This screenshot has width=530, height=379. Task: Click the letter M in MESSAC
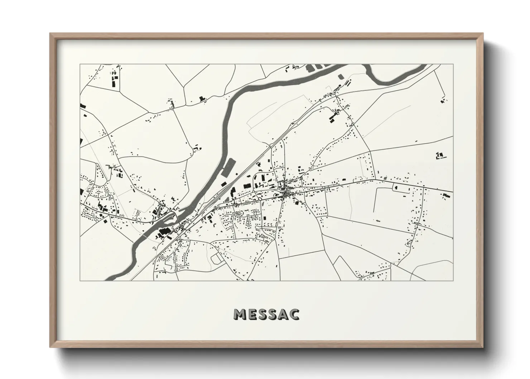click(x=239, y=314)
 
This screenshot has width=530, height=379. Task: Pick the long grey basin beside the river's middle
click(x=227, y=167)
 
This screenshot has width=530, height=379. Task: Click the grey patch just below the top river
click(x=339, y=76)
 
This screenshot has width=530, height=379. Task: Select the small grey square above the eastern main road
click(x=385, y=178)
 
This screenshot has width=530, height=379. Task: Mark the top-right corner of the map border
click(x=453, y=64)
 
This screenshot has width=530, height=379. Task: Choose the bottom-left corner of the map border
click(x=80, y=280)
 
